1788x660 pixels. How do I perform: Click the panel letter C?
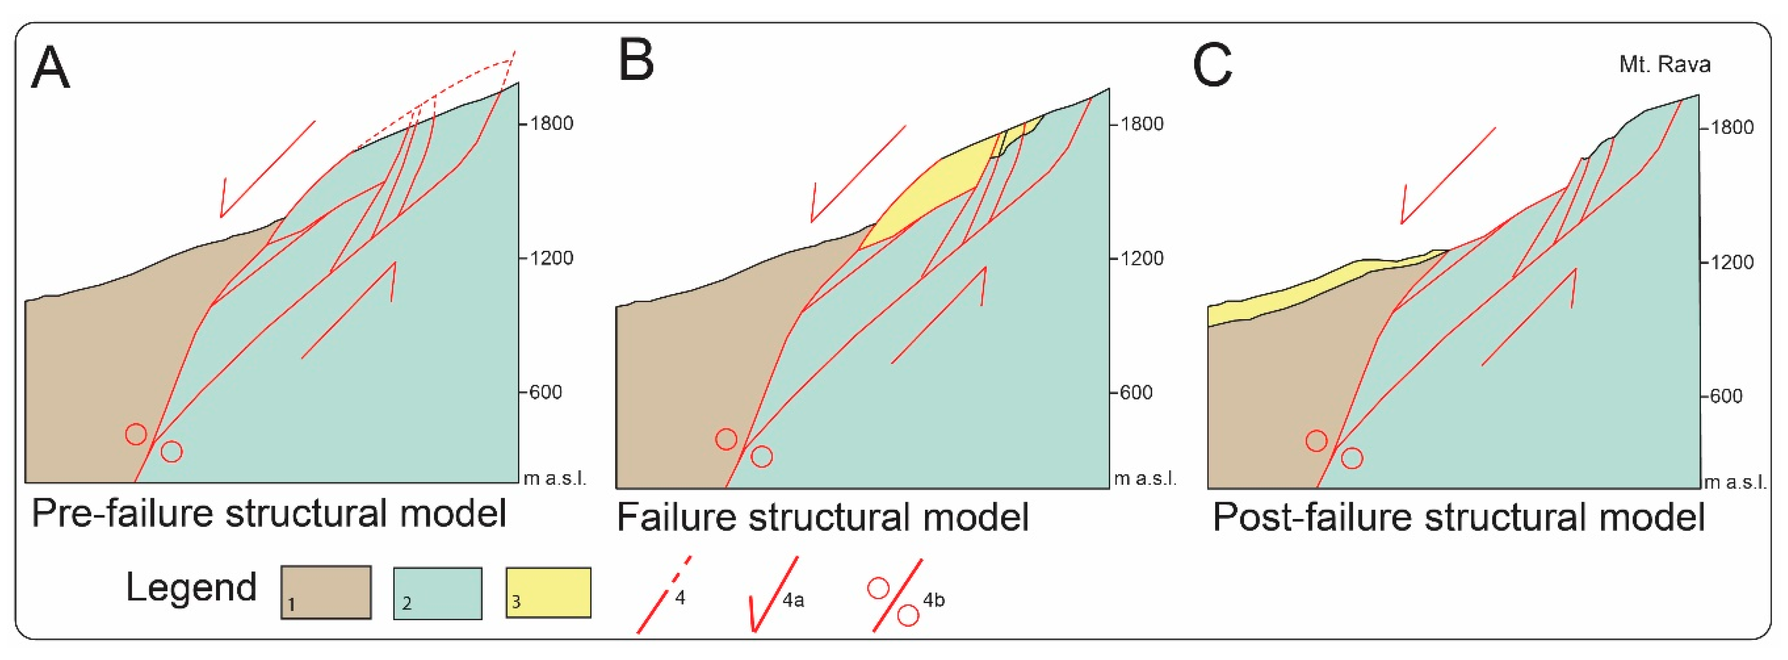[x=1212, y=65]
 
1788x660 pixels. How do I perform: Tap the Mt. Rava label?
[x=1664, y=65]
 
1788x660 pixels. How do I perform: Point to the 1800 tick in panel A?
[x=523, y=124]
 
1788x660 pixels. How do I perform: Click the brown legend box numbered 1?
[x=325, y=592]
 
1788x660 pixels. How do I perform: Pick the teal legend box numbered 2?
[x=437, y=593]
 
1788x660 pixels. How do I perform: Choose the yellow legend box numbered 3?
[x=548, y=593]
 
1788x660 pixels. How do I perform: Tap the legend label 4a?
[x=793, y=600]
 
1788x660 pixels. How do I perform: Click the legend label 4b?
[x=934, y=600]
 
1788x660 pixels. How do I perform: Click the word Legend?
[x=191, y=587]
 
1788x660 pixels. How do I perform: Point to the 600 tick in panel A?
[x=523, y=392]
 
